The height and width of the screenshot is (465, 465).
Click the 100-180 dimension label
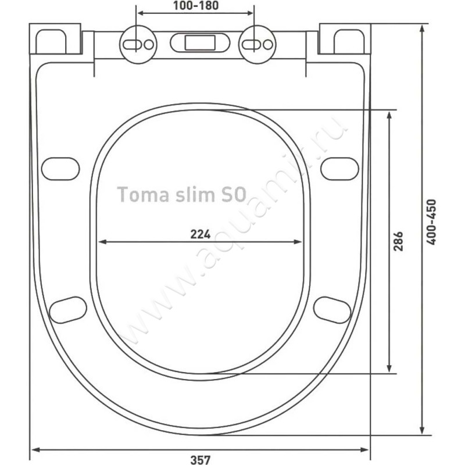tap(196, 5)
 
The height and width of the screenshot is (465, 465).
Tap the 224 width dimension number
tap(201, 234)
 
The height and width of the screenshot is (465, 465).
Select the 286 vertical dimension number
tap(398, 241)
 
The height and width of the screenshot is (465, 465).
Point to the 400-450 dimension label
tap(431, 222)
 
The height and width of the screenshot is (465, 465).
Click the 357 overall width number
tap(201, 460)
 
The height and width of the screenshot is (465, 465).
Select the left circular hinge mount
tap(138, 45)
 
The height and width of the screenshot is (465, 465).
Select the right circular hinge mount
tap(257, 45)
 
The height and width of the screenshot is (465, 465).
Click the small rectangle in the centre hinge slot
tap(200, 42)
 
